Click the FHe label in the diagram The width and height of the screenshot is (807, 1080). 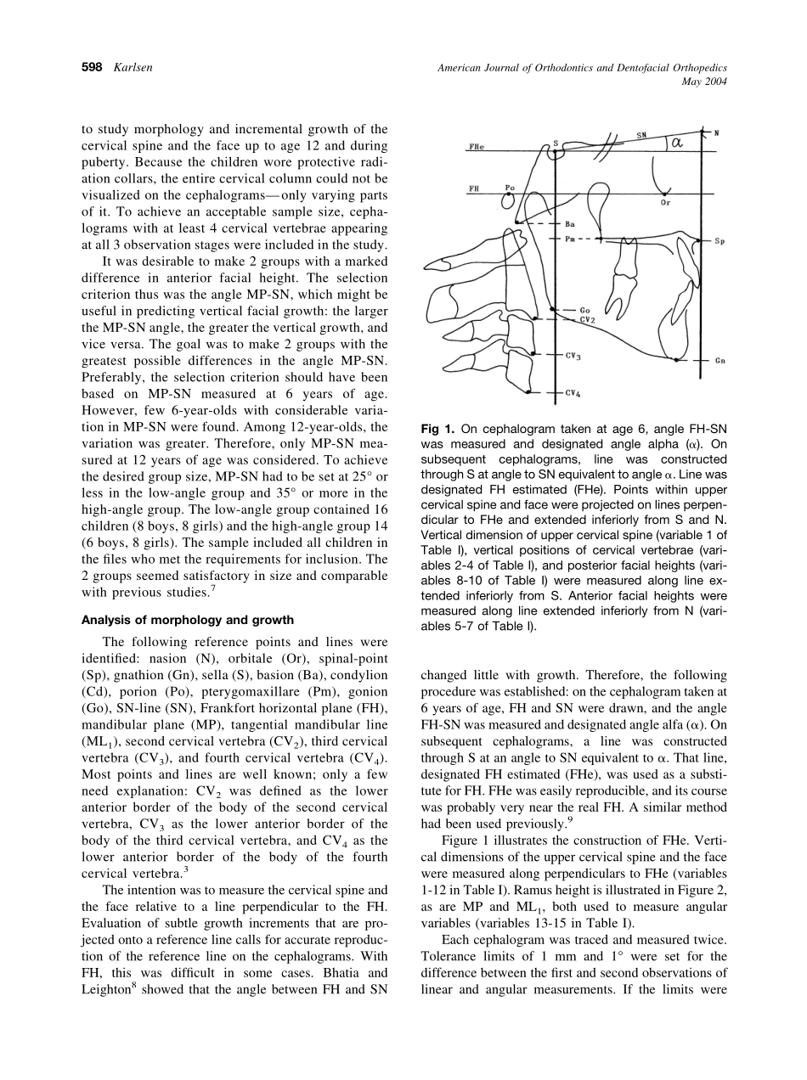pos(477,146)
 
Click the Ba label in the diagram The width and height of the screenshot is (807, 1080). pos(569,224)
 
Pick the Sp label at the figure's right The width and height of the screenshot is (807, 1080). pos(719,241)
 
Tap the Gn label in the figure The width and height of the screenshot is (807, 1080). pos(719,361)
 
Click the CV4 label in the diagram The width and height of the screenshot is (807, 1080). pos(573,393)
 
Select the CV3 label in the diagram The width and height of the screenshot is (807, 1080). pos(573,356)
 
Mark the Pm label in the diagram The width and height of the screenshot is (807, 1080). pos(571,239)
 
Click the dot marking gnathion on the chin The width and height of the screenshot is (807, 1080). pos(675,361)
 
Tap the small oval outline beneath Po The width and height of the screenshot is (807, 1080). pos(508,200)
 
